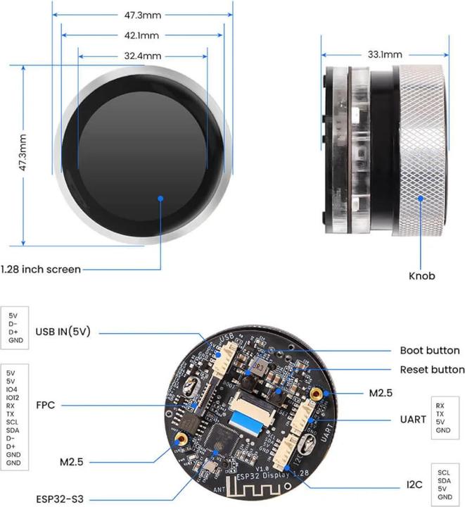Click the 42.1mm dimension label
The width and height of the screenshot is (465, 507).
click(x=141, y=35)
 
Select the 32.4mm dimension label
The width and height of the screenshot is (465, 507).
click(x=143, y=56)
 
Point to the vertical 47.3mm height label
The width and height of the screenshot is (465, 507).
click(x=23, y=154)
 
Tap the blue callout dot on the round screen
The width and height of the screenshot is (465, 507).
click(x=161, y=200)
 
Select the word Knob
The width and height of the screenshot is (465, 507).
click(x=421, y=275)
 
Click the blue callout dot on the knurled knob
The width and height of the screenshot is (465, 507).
click(x=421, y=199)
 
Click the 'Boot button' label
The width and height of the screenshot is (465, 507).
click(x=429, y=350)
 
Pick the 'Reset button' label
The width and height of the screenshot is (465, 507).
click(x=432, y=369)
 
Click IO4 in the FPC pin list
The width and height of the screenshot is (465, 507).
click(x=11, y=389)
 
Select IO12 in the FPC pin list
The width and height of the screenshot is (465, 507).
click(x=13, y=398)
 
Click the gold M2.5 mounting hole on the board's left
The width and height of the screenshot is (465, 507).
click(x=181, y=439)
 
